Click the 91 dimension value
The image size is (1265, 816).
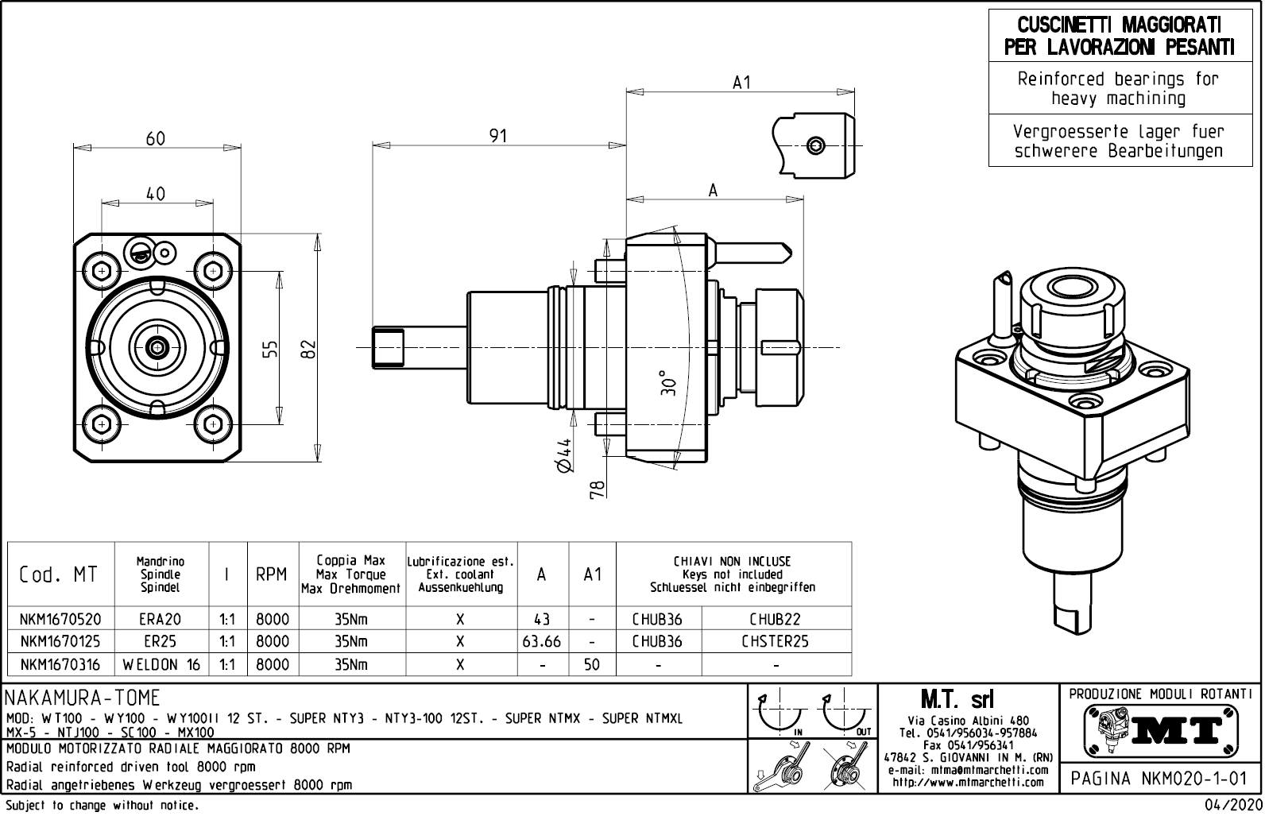[x=497, y=136]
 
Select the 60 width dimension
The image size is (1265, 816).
[x=156, y=138]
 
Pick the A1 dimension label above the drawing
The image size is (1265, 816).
[x=741, y=83]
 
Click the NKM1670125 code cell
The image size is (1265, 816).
[x=60, y=641]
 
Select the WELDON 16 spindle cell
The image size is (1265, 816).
[x=161, y=664]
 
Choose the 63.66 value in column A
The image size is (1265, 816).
[x=541, y=641]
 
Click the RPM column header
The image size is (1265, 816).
[x=272, y=574]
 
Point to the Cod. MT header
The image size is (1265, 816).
[x=59, y=574]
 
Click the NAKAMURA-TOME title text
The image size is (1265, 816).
[x=83, y=698]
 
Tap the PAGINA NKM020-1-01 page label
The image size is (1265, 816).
[x=1161, y=778]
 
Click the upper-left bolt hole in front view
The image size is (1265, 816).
[x=101, y=271]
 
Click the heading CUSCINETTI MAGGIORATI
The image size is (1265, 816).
[x=1120, y=25]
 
